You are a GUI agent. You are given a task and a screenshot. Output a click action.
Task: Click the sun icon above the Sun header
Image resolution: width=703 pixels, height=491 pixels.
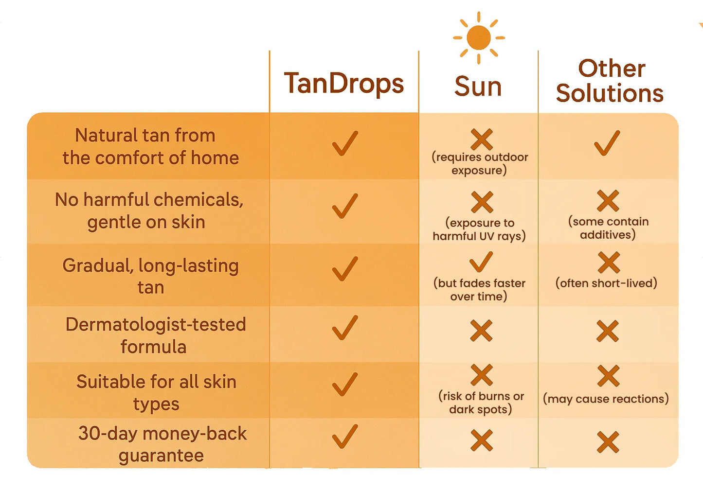479,37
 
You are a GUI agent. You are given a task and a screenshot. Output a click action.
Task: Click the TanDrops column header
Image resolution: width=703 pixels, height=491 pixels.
343,84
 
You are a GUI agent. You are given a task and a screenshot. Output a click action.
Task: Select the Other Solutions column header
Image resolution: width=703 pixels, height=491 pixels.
610,81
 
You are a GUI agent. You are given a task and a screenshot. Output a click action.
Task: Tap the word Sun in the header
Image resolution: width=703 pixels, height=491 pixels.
478,87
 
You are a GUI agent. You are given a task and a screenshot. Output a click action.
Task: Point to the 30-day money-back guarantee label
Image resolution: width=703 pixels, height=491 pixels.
162,444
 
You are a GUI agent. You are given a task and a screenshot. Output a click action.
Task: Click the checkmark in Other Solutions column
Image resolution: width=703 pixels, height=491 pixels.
607,143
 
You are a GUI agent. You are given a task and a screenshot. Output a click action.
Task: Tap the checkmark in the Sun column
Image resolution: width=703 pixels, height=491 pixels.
481,262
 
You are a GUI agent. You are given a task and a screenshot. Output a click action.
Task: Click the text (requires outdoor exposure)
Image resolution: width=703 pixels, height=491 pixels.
479,163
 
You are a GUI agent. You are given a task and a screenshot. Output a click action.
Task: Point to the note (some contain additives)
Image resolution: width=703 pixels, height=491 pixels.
608,228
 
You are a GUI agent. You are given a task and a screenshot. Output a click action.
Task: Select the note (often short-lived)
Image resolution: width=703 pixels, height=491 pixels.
606,283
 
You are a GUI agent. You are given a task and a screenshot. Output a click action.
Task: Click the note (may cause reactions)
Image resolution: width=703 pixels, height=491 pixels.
606,399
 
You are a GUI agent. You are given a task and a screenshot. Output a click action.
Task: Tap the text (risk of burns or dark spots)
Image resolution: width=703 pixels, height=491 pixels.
481,403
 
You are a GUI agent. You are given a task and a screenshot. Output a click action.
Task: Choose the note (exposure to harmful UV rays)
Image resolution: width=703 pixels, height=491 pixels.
479,229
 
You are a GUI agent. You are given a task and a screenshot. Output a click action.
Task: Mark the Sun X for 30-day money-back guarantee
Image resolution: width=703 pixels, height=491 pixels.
482,440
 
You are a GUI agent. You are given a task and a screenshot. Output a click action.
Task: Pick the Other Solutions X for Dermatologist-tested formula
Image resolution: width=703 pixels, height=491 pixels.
608,331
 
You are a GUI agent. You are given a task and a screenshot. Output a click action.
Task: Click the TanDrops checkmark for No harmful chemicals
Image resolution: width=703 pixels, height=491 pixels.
345,206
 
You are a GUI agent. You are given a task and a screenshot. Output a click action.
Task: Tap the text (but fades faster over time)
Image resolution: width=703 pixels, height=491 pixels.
479,290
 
